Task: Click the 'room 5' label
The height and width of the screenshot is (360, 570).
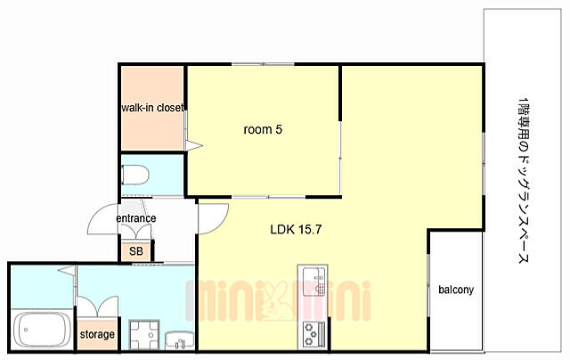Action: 263,129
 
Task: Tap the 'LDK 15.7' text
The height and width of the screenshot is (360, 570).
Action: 296,229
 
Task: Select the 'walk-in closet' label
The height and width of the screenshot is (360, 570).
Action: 152,108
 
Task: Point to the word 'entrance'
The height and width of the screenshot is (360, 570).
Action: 136,218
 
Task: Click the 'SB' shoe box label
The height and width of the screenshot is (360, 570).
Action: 136,251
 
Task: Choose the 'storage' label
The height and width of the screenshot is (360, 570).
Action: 97,334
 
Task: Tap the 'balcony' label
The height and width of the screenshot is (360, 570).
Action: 456,290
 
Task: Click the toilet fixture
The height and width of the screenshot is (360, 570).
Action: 135,175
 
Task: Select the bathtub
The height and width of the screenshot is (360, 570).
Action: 42,330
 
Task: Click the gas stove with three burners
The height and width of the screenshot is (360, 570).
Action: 313,334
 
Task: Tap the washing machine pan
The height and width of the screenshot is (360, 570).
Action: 144,334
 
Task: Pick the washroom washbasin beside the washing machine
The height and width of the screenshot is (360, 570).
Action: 180,340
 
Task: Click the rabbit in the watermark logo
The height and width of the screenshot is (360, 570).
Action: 276,300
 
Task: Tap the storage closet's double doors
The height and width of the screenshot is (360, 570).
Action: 97,307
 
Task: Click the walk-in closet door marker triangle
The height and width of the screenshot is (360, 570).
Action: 194,146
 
